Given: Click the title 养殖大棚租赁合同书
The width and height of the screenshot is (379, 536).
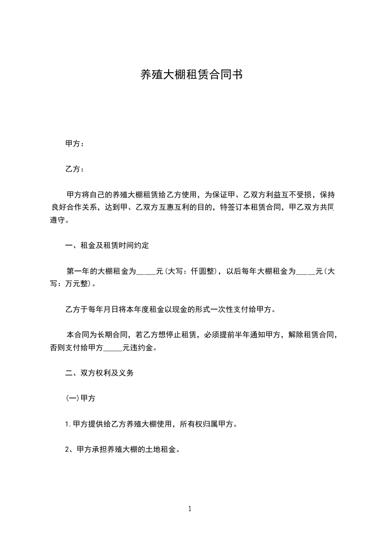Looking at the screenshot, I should point(189,75).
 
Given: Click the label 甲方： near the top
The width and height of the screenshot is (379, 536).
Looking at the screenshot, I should point(75,144).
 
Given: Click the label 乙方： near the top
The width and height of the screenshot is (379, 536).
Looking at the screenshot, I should point(75,169).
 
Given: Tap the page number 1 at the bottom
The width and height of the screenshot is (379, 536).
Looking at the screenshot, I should point(190,509).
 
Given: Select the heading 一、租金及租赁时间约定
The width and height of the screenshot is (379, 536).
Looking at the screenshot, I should point(107,246).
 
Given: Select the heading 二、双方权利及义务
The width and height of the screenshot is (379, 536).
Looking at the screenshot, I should point(99,373).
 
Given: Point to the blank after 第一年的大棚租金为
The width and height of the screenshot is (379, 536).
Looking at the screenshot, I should point(146,272).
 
